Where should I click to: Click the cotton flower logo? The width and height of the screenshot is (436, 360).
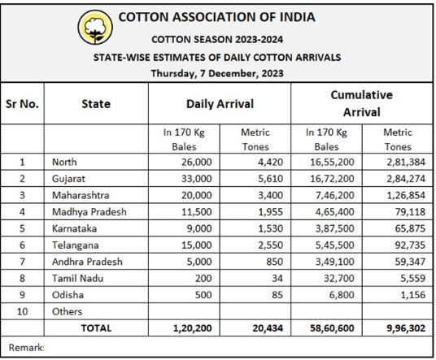[95, 27]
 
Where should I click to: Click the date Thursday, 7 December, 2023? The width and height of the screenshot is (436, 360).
[217, 73]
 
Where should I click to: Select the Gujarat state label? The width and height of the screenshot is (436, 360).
[68, 179]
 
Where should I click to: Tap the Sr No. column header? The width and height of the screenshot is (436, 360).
[22, 104]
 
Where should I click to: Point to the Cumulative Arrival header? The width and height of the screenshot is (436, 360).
[361, 103]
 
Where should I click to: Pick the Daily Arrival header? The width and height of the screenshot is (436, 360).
[220, 104]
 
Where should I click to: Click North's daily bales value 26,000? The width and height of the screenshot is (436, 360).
[197, 162]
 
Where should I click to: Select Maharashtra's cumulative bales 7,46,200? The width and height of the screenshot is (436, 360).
[335, 195]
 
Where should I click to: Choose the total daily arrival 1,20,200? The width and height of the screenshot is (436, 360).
[193, 328]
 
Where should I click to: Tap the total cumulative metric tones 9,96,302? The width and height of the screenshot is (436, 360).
[406, 328]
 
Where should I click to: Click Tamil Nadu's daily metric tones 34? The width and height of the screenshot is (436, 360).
[277, 278]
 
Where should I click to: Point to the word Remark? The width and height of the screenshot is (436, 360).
[26, 348]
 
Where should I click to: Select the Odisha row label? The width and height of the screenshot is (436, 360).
[68, 295]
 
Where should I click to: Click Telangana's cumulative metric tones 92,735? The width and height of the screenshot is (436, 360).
[410, 245]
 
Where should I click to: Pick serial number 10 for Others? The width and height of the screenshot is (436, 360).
[22, 311]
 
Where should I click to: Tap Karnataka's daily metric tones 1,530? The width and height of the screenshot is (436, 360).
[271, 228]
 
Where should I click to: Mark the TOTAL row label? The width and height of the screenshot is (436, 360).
[96, 328]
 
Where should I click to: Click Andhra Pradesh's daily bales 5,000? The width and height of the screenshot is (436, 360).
[199, 262]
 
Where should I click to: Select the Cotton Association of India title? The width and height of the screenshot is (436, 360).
[217, 17]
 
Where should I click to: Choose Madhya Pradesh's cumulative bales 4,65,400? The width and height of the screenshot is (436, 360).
[335, 212]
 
